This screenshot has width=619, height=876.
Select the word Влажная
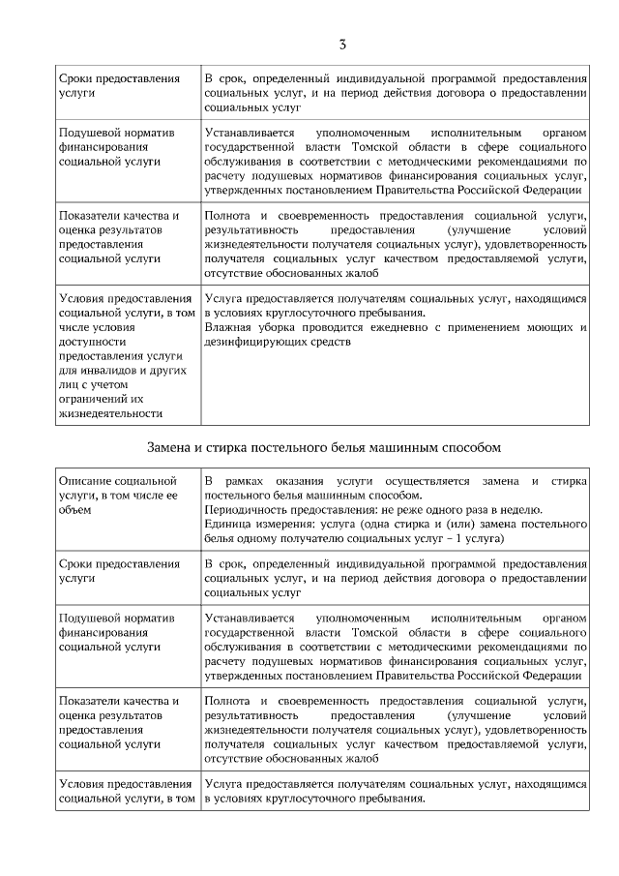click(227, 327)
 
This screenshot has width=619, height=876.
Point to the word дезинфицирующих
click(252, 341)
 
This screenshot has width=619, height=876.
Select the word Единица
click(227, 524)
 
